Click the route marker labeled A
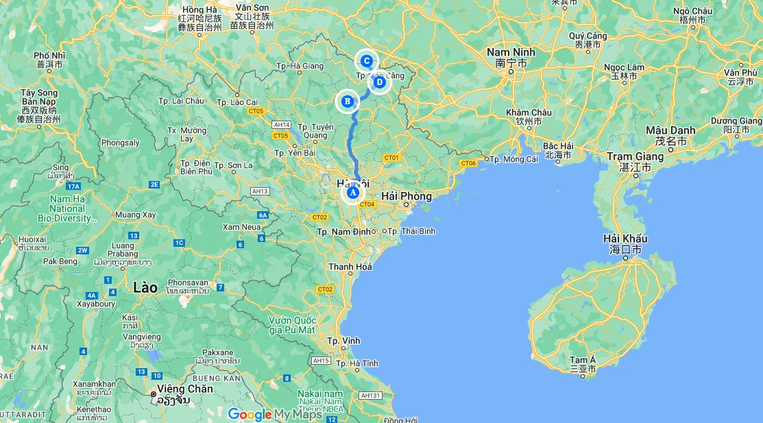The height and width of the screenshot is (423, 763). coord(352,193)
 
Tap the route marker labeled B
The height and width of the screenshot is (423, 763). coord(347,101)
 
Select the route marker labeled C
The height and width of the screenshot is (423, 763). coord(367,61)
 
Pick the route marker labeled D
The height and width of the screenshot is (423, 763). coord(379,82)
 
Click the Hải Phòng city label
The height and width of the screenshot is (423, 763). coord(407,197)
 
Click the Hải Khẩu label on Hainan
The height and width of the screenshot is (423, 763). coord(625,239)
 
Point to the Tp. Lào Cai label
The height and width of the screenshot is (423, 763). coord(237,102)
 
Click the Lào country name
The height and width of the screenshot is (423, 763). coord(145,287)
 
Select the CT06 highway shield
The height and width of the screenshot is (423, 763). coord(468,163)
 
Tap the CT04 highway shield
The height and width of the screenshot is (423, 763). coord(367,204)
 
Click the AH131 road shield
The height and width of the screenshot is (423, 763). coord(371,396)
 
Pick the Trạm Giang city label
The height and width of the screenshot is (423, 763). coord(635,157)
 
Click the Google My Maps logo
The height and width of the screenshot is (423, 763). coord(274,414)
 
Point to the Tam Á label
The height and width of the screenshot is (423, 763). coord(583,360)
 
